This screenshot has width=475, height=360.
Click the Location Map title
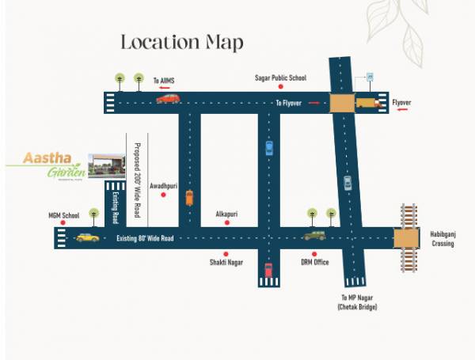[x=181, y=42]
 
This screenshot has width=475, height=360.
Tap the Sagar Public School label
[x=280, y=78]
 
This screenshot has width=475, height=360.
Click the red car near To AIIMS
[x=168, y=99]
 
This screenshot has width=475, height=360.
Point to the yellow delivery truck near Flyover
[x=368, y=102]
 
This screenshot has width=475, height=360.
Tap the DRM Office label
[x=314, y=262]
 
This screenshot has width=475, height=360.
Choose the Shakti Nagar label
[x=226, y=262]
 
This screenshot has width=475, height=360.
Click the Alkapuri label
[x=227, y=214]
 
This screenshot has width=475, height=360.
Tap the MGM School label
[x=64, y=214]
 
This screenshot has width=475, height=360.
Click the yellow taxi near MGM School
[x=87, y=237]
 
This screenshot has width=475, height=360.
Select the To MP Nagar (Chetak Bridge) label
[x=357, y=301]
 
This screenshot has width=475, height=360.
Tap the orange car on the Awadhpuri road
[x=189, y=197]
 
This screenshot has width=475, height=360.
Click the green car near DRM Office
[x=314, y=235]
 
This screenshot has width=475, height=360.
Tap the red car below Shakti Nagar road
[x=268, y=269]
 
